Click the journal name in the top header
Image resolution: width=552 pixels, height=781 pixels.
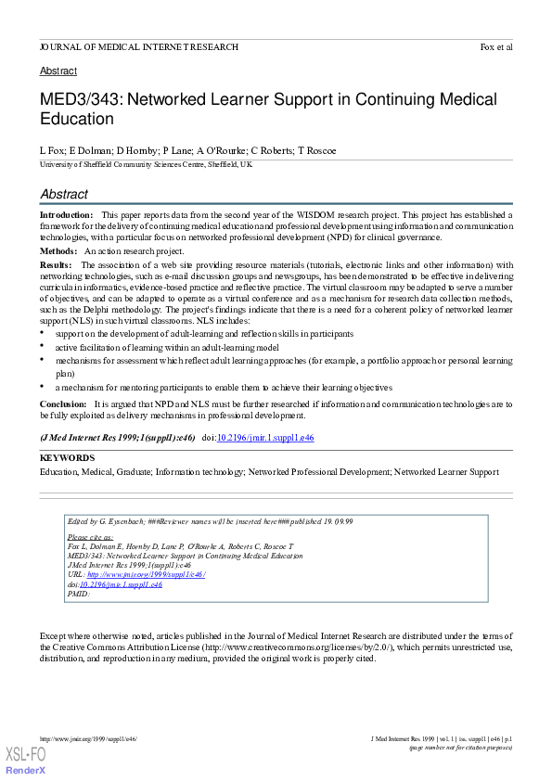click(138, 46)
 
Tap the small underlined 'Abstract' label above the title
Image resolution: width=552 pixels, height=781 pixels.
click(58, 70)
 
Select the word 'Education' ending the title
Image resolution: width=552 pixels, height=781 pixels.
click(77, 119)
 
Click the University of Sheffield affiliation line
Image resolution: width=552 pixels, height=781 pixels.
click(146, 164)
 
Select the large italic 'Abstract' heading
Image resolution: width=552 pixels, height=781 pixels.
click(64, 194)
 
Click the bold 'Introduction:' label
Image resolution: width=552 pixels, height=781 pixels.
click(66, 214)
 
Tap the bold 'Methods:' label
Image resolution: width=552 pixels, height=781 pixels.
click(58, 250)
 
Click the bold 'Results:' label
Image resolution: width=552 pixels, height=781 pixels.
click(57, 265)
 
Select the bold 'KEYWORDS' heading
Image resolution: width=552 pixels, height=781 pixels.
click(67, 458)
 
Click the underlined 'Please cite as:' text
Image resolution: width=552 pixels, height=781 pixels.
click(90, 537)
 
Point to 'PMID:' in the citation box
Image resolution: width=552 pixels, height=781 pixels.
click(79, 594)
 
